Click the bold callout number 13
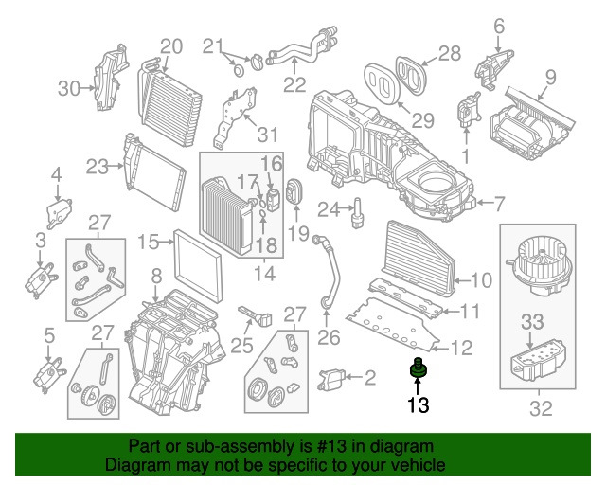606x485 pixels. click(418, 406)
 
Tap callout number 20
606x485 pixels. click(170, 45)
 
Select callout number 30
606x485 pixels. click(69, 88)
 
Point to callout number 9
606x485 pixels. click(550, 77)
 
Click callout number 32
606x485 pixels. click(541, 410)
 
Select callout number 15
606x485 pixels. click(148, 242)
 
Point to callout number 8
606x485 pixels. click(156, 277)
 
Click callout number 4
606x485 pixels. click(56, 174)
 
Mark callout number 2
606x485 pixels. click(369, 379)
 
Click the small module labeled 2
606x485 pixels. click(336, 379)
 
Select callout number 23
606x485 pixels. click(98, 167)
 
